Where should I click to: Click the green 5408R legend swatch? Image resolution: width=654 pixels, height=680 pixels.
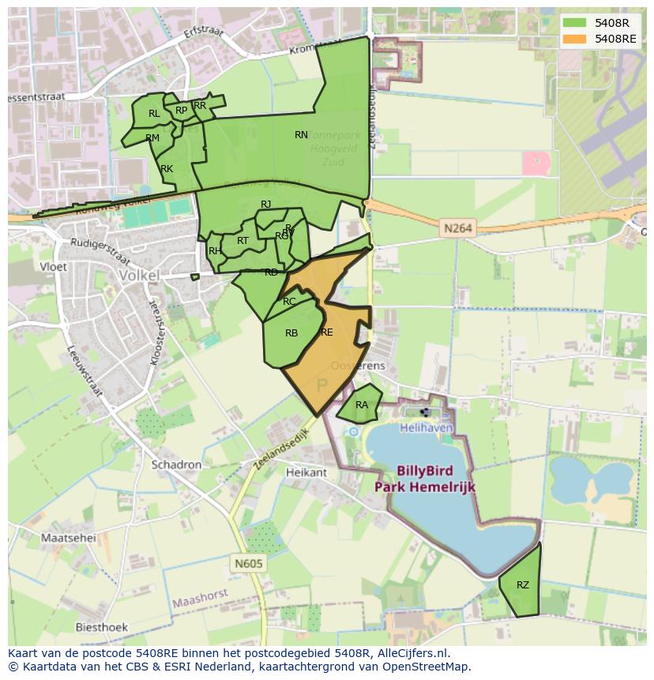[575, 23]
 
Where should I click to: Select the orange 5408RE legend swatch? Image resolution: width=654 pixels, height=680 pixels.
[575, 39]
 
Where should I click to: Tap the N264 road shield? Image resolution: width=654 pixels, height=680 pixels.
[458, 228]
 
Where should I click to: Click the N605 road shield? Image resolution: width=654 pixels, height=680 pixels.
[248, 564]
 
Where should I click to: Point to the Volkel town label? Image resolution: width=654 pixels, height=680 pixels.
[139, 276]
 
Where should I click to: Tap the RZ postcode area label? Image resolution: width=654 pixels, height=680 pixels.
[523, 585]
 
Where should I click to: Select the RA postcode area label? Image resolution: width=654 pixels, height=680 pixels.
[362, 405]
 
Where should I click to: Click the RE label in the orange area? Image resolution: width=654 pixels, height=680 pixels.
[327, 332]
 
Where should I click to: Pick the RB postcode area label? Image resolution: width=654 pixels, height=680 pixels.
[291, 333]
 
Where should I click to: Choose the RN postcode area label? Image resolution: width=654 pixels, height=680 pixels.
[301, 135]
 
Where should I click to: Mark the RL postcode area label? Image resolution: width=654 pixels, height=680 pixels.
[154, 114]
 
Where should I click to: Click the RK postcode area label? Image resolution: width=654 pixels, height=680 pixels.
[167, 169]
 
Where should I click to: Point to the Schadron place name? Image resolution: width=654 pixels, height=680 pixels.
[177, 465]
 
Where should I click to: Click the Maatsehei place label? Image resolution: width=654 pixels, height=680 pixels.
[68, 538]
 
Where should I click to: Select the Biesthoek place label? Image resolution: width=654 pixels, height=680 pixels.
[101, 627]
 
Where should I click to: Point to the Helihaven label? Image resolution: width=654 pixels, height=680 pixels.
[426, 427]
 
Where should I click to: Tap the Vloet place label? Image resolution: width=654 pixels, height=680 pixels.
[53, 267]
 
